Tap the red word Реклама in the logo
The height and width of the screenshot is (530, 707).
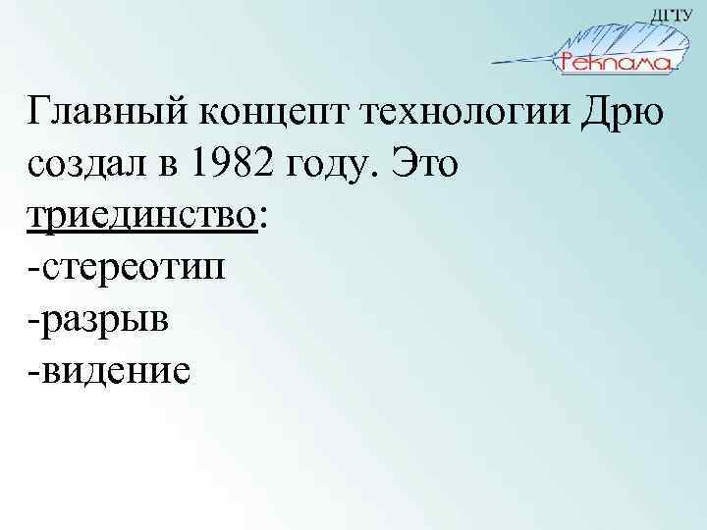615,64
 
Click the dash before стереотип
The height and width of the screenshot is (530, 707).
35,268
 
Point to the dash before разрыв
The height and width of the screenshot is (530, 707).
35,319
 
